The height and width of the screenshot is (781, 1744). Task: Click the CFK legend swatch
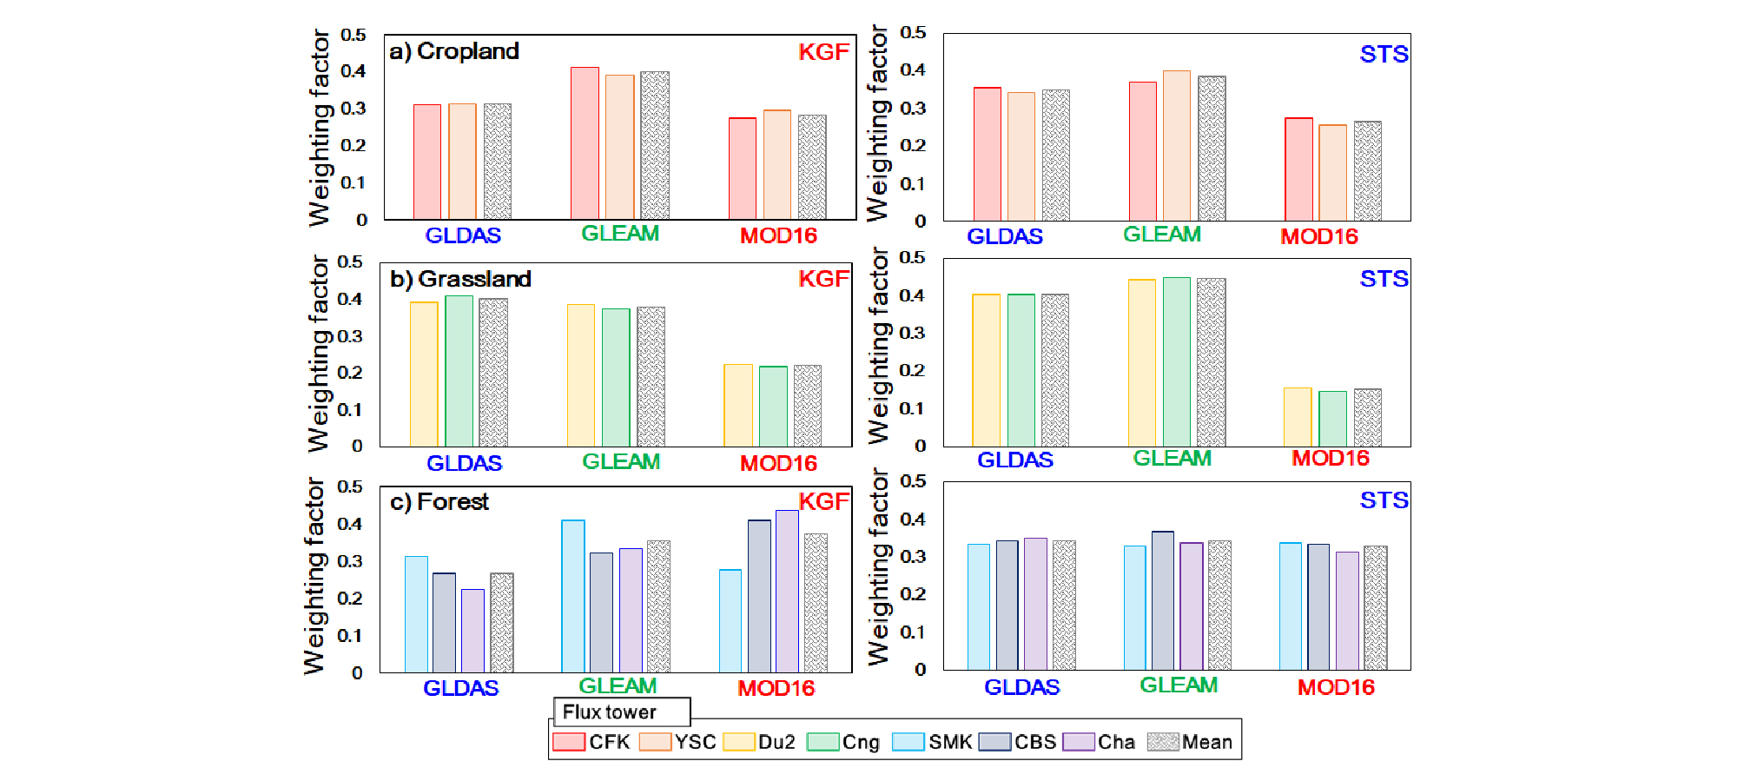point(569,742)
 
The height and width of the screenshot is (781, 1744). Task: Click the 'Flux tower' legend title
point(609,712)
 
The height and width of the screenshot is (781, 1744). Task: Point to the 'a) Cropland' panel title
point(454,51)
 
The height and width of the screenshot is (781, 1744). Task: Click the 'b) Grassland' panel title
point(460,279)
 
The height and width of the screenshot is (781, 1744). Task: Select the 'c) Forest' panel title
point(439,502)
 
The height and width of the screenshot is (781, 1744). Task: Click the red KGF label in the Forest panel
point(823,501)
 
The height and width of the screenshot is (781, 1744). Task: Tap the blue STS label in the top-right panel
point(1384,54)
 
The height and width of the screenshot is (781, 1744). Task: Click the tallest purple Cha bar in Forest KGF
point(787,591)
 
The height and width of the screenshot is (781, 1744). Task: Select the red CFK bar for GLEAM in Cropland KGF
point(585,143)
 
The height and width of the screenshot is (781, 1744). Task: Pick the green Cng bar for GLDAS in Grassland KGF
point(459,371)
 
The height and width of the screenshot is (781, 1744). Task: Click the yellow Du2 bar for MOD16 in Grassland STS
point(1298,417)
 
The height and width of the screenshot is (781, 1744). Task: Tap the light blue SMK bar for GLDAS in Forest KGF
point(416,613)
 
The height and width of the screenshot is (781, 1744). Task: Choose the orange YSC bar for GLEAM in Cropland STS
point(1177,146)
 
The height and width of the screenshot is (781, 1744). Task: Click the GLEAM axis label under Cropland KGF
point(620,234)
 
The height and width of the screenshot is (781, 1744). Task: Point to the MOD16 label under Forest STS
point(1336,687)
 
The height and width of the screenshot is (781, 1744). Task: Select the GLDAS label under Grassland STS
point(1015,460)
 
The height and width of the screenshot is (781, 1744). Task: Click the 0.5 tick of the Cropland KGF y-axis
point(353,35)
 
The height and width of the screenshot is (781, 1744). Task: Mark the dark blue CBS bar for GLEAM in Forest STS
point(1163,600)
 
